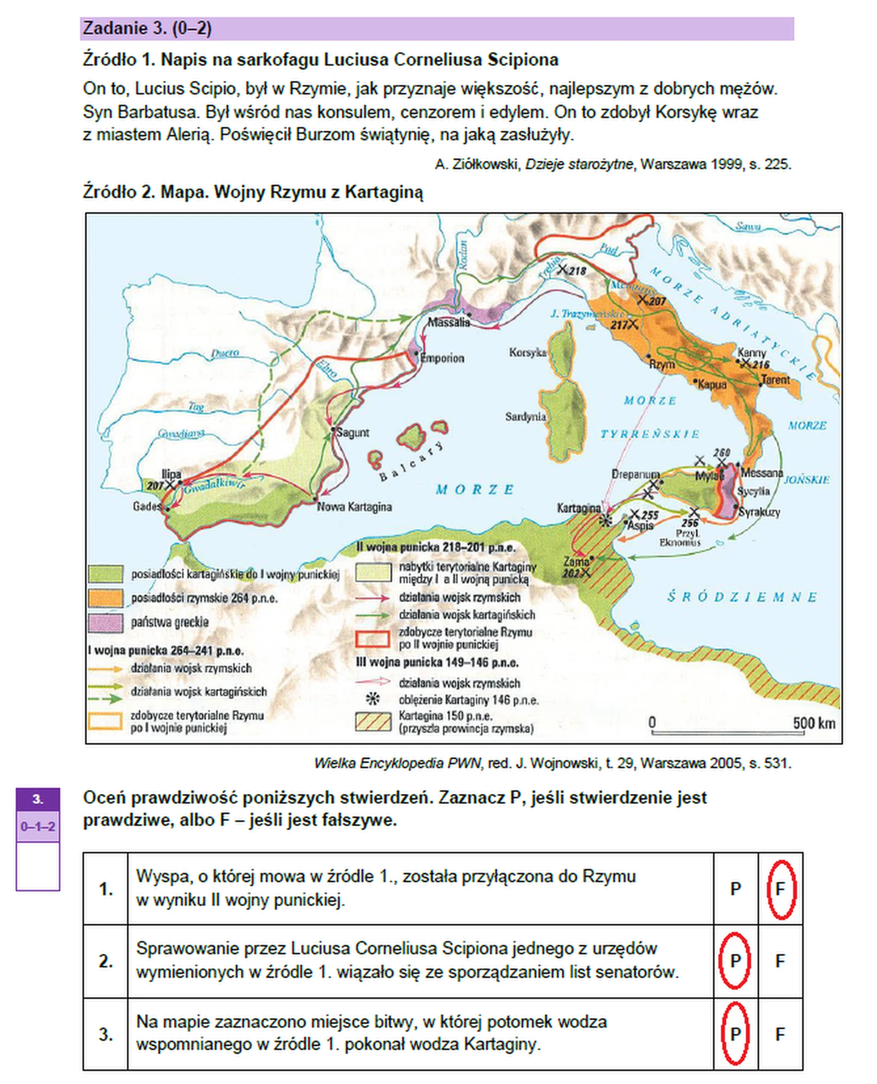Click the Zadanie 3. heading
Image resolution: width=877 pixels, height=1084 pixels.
(x=147, y=28)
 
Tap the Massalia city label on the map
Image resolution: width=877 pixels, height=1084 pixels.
(x=448, y=322)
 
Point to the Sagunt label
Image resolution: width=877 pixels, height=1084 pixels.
(x=352, y=433)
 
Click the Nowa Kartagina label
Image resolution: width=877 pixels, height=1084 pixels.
(x=354, y=507)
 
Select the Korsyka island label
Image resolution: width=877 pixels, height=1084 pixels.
(x=528, y=352)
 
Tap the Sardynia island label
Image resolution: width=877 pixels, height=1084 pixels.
(x=525, y=417)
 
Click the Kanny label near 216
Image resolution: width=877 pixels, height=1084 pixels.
(x=752, y=353)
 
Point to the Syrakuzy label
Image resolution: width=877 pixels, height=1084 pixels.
(x=759, y=512)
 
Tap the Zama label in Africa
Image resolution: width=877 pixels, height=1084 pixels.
(x=576, y=562)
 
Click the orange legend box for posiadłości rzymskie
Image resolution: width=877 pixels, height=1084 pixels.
(x=106, y=598)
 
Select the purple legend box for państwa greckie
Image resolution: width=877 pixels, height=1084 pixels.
(x=106, y=623)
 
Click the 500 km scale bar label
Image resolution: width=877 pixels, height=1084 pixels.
(x=814, y=723)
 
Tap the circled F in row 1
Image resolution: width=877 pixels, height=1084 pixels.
(x=781, y=889)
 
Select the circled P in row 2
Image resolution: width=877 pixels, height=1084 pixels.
(x=735, y=961)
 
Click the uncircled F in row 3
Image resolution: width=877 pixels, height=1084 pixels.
(x=781, y=1034)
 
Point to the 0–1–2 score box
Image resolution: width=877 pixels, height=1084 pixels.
(x=38, y=826)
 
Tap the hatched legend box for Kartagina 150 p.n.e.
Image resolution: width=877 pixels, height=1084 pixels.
(x=373, y=722)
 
